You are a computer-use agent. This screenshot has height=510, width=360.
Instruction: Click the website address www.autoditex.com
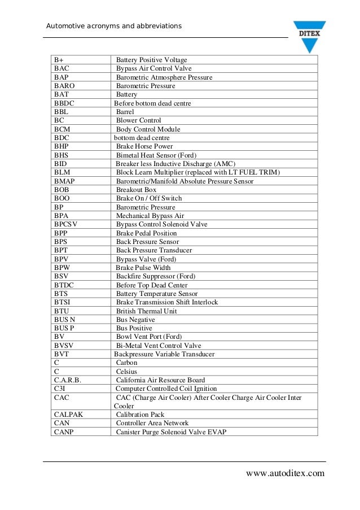coord(286,473)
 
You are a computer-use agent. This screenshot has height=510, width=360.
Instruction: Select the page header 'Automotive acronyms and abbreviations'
coord(113,26)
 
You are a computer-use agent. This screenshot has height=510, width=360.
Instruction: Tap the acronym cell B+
coord(59,60)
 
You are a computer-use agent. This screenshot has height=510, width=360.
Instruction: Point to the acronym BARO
coord(64,86)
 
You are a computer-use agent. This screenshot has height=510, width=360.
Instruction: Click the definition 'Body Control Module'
coord(148,129)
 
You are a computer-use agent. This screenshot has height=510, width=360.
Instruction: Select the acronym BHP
coord(62,146)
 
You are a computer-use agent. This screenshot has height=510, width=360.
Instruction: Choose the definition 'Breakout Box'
coord(136,190)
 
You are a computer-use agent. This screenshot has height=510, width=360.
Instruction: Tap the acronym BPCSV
coord(65,224)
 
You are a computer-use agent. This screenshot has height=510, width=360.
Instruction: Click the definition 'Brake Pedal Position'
coord(146,233)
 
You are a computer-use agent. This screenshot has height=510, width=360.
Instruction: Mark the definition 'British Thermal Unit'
coord(146,311)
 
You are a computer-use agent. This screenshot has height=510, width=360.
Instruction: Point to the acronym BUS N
coord(64,320)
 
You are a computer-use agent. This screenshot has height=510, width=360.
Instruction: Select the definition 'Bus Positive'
coord(134,328)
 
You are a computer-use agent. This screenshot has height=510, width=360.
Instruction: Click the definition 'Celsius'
coord(126,372)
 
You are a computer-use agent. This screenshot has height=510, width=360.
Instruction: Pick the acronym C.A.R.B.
coord(68,380)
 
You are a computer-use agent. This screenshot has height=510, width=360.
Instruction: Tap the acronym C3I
coord(60,389)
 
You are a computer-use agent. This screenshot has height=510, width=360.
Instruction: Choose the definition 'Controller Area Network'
coord(152,423)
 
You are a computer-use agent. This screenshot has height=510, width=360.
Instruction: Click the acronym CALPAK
coord(68,415)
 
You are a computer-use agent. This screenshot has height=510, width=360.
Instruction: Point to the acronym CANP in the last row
coord(63,432)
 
